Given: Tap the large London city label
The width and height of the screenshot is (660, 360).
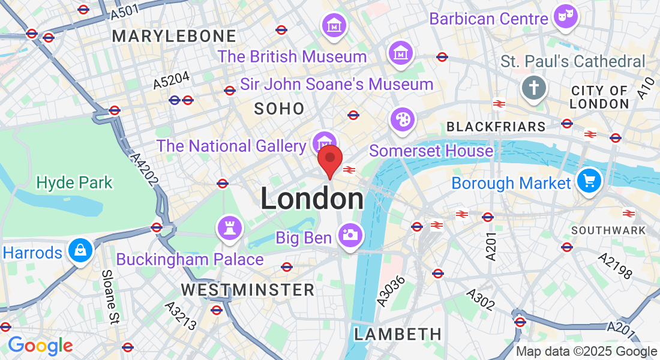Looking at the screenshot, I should pyautogui.click(x=312, y=199).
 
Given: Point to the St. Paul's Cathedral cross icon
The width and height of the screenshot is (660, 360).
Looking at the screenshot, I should pyautogui.click(x=533, y=87).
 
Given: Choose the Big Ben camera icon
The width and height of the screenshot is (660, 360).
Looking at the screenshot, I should pyautogui.click(x=349, y=234).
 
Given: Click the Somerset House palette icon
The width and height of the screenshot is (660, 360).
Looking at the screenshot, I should pyautogui.click(x=402, y=119).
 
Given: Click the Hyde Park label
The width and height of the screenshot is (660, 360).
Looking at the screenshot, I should pyautogui.click(x=74, y=182).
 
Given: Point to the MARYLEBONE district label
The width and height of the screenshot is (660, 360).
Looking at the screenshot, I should pyautogui.click(x=175, y=36).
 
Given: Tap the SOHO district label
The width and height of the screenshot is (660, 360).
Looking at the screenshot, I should pyautogui.click(x=279, y=109).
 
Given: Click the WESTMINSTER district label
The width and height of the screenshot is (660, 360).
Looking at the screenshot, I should pyautogui.click(x=248, y=290).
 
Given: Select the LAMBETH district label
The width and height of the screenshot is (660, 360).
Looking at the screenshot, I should pyautogui.click(x=398, y=334).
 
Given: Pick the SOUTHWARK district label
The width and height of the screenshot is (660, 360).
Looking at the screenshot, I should pyautogui.click(x=608, y=230).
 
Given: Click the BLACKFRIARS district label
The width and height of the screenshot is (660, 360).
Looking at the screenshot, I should pyautogui.click(x=496, y=127).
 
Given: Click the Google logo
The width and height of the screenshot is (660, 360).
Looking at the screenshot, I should pyautogui.click(x=40, y=346).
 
